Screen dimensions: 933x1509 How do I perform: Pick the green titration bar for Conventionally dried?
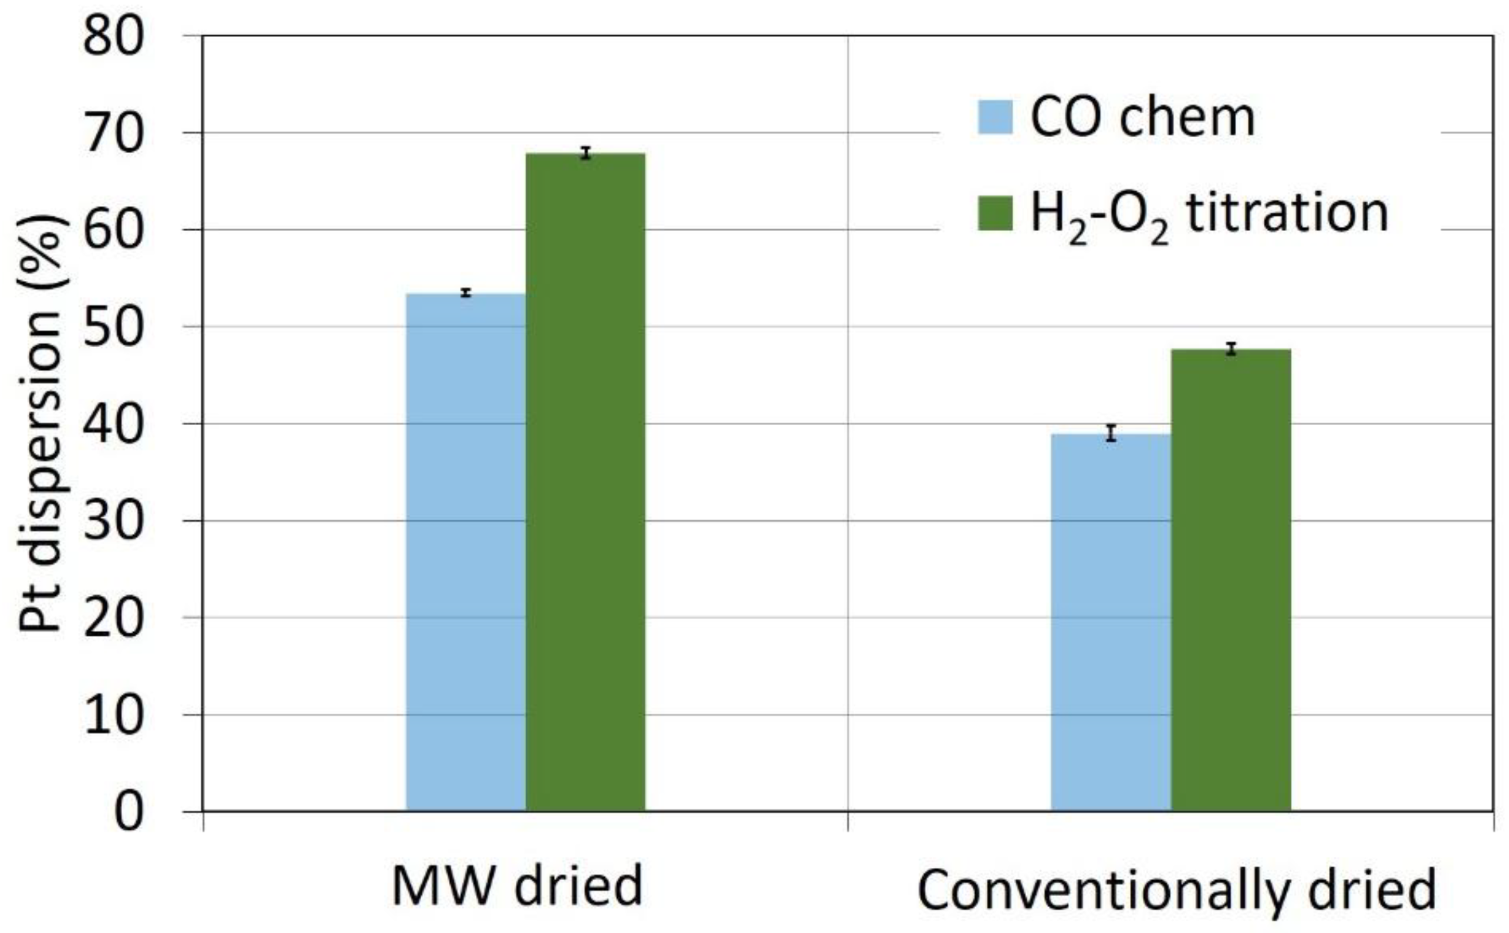[1231, 580]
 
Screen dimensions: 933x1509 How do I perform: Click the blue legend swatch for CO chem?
[995, 117]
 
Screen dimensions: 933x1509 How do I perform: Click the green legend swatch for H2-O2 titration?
[995, 213]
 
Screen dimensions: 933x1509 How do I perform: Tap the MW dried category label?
[517, 887]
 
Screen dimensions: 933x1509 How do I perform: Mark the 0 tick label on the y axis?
[128, 812]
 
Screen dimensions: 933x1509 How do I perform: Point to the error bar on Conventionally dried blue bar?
[1111, 433]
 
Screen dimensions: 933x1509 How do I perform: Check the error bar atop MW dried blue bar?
[465, 293]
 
